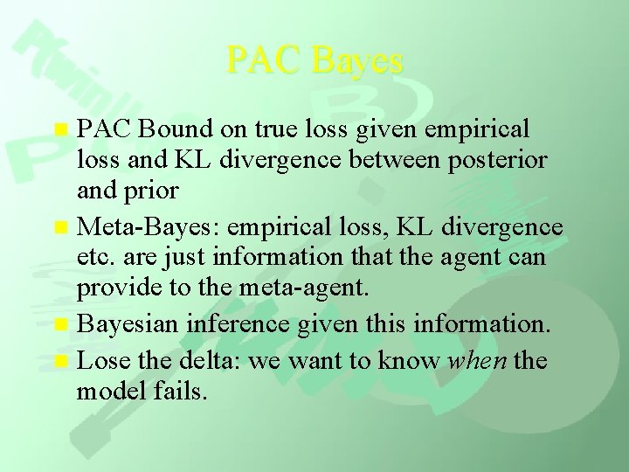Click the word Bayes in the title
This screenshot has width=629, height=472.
(357, 60)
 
